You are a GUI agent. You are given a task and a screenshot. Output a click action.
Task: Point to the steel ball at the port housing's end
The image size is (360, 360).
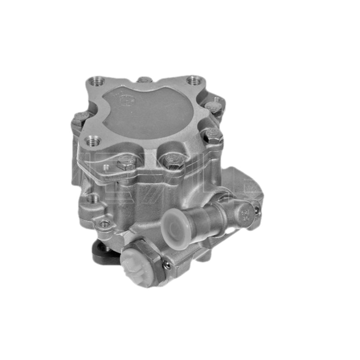coord(257,210)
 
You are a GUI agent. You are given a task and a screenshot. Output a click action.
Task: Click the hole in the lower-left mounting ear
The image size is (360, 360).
coord(104,223)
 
